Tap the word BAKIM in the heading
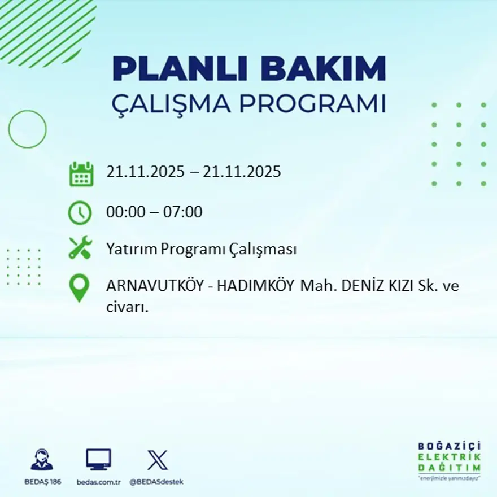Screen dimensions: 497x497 point(324,69)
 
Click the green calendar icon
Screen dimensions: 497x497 point(81,174)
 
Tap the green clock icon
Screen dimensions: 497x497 point(80,212)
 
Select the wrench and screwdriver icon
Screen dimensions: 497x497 point(80,249)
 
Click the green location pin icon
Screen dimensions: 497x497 point(79,287)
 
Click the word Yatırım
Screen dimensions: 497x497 point(130,249)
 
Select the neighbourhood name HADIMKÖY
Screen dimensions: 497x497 point(255,286)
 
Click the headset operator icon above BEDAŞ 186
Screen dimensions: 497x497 point(42,459)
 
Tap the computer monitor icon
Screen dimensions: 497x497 point(98,459)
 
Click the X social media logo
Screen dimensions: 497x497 point(157,459)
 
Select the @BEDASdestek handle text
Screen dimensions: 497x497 point(156,482)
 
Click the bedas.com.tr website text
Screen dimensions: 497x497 point(99,482)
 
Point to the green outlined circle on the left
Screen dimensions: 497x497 point(27,129)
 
